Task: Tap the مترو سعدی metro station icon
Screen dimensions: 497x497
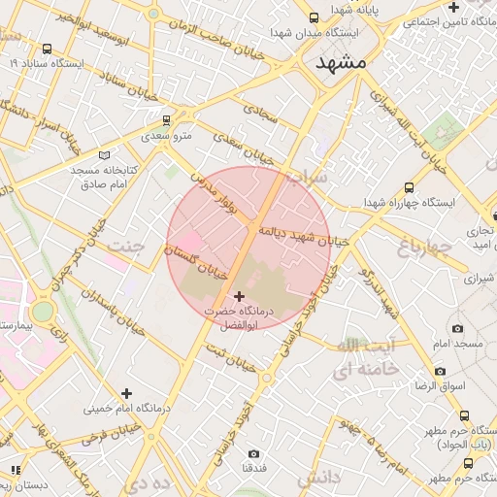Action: click(166, 120)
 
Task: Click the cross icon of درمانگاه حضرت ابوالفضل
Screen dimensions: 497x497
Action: click(240, 295)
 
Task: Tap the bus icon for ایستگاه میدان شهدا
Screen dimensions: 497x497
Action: click(314, 17)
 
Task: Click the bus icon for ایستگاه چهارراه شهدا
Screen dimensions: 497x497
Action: click(409, 187)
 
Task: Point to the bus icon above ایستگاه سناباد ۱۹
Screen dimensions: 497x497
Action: click(48, 49)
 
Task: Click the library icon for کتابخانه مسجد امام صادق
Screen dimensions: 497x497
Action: click(105, 154)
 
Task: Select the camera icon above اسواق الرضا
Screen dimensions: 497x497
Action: click(441, 371)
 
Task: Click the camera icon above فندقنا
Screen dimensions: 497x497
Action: click(254, 453)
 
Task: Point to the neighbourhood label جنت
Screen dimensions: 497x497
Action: click(127, 246)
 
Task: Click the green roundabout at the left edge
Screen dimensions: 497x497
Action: click(42, 312)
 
